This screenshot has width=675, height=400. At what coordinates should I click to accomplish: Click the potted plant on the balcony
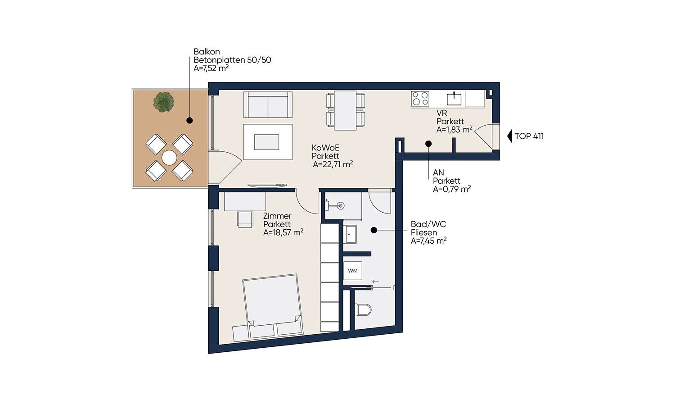(x=163, y=102)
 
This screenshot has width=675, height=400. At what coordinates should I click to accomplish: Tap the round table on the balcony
(x=169, y=158)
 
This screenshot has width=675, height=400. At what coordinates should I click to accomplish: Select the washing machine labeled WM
(x=352, y=271)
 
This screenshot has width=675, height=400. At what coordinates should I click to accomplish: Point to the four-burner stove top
(x=420, y=99)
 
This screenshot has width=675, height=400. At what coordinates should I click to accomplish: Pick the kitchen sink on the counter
(x=454, y=99)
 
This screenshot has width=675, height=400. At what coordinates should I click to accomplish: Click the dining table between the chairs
(x=345, y=110)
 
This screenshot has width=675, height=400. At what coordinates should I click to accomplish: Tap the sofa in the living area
(x=268, y=105)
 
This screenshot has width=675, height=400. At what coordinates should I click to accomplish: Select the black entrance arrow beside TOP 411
(x=509, y=136)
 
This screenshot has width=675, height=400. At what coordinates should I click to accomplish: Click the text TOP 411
(x=529, y=136)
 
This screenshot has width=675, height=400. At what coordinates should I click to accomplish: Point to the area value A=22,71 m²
(x=333, y=164)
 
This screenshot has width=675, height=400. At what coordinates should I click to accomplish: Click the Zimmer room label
(x=277, y=216)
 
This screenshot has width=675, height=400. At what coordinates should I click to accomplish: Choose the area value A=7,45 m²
(x=428, y=241)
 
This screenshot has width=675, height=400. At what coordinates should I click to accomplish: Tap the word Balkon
(x=207, y=52)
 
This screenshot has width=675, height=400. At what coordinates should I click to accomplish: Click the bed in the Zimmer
(x=272, y=308)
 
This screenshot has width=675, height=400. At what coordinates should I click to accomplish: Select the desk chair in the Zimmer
(x=245, y=219)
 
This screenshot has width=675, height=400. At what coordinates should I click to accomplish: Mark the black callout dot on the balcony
(x=189, y=120)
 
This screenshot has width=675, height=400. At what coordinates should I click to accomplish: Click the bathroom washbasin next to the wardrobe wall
(x=350, y=234)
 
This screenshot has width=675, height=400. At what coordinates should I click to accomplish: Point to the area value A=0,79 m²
(x=452, y=189)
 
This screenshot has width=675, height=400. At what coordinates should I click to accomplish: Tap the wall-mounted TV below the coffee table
(x=267, y=185)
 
